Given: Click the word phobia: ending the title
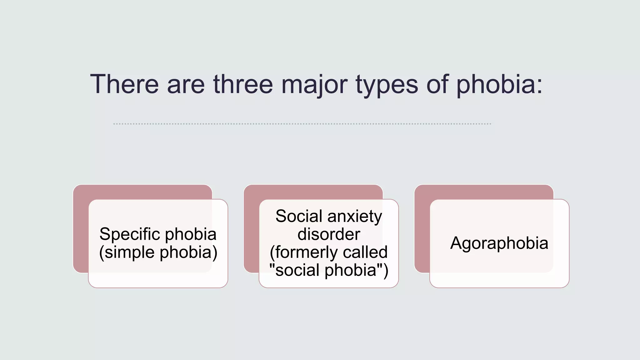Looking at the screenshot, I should pos(499,84).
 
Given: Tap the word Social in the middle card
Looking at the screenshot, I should pos(299,216).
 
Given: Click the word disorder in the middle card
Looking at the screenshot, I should pos(329,234).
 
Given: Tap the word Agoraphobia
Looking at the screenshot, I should pos(499,243).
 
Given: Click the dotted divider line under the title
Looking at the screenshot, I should pos(302,124).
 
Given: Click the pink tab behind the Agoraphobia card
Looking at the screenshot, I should pos(484,192).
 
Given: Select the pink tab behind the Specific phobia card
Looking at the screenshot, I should pos(142,192).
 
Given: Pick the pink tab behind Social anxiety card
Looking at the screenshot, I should pos(313,192).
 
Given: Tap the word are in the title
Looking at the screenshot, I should pos(186,84).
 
